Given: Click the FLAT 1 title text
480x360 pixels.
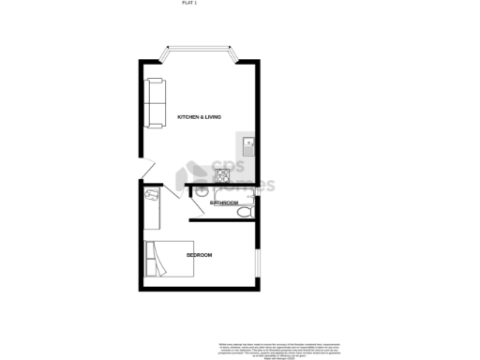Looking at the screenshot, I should [189, 4].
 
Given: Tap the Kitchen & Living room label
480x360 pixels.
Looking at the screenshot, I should [200, 116].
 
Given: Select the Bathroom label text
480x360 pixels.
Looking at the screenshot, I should [224, 202].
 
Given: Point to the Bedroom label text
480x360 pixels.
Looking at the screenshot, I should [199, 255].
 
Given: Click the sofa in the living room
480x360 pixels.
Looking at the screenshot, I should [154, 102].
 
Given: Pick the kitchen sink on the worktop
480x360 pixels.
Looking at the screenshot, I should [248, 145].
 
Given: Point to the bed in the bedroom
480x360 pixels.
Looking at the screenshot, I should [169, 258].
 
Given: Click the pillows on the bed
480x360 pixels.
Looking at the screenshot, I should [151, 259].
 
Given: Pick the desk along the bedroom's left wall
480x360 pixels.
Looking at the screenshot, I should [153, 212].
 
